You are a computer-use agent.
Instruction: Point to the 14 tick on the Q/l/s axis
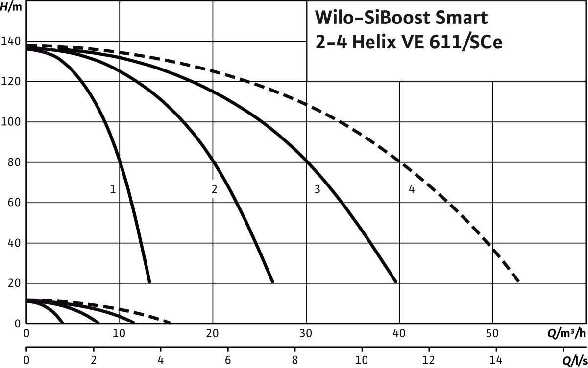pos(496,362)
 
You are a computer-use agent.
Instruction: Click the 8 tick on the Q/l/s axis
pos(295,362)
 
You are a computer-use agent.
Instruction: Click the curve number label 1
pos(113,189)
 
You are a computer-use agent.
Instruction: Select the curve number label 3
pos(317,189)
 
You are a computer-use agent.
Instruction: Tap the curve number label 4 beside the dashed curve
pos(412,189)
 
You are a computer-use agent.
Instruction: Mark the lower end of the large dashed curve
pos(518,281)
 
